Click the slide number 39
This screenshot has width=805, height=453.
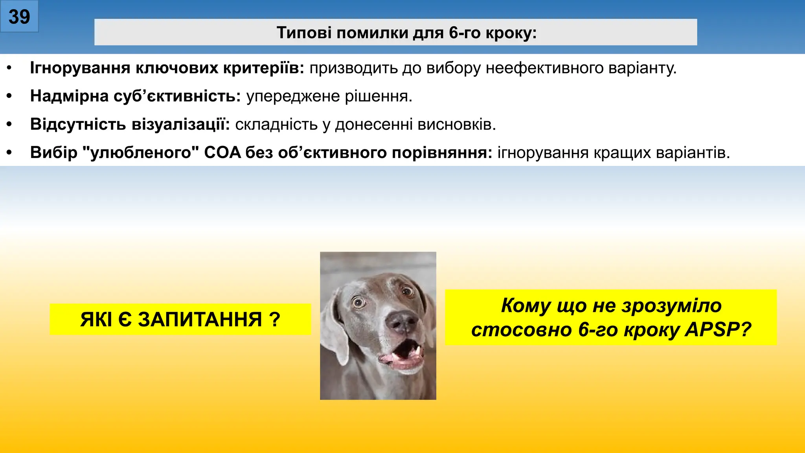tap(19, 17)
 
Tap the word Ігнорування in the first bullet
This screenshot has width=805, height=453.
tap(80, 68)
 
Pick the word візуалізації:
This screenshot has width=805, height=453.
tap(180, 124)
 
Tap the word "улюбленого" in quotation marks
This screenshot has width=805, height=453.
tap(141, 153)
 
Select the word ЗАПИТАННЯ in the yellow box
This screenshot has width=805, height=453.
tap(200, 319)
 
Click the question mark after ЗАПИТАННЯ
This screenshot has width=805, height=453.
tap(275, 319)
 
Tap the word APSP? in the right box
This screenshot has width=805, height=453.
tap(718, 330)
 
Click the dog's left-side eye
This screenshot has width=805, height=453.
tap(358, 302)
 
